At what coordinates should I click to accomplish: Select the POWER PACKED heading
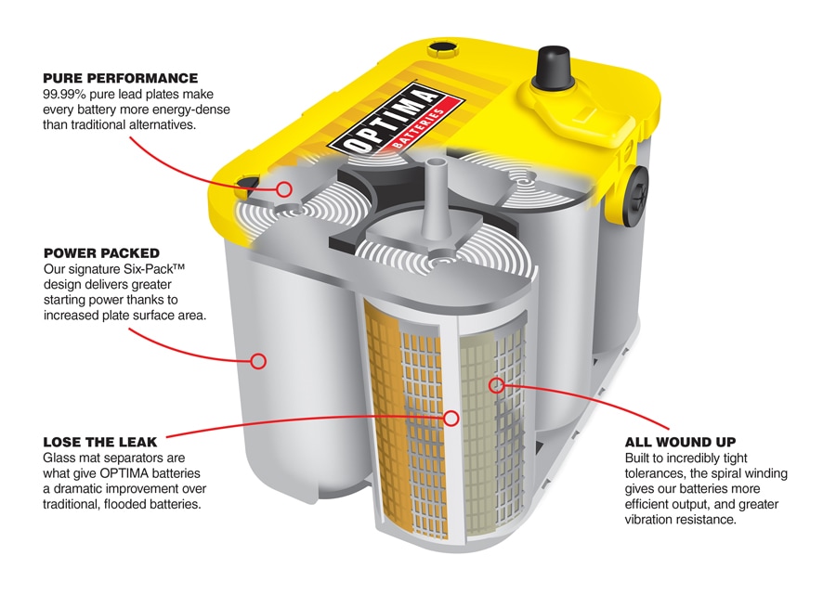coord(101,252)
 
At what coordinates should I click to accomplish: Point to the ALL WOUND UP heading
coord(681,442)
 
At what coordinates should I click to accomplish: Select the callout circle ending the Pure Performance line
coord(284,189)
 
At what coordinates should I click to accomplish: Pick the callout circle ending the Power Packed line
coord(259,360)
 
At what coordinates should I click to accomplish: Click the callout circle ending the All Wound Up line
coord(495,381)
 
